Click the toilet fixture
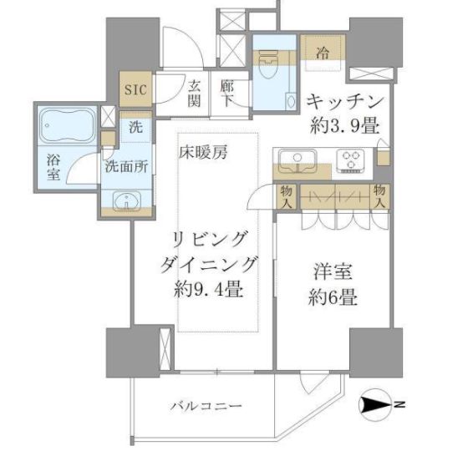[269, 63]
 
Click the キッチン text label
[344, 101]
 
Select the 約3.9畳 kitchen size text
[344, 126]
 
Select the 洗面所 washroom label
[125, 165]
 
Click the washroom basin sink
[125, 201]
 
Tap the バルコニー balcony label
[198, 407]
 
